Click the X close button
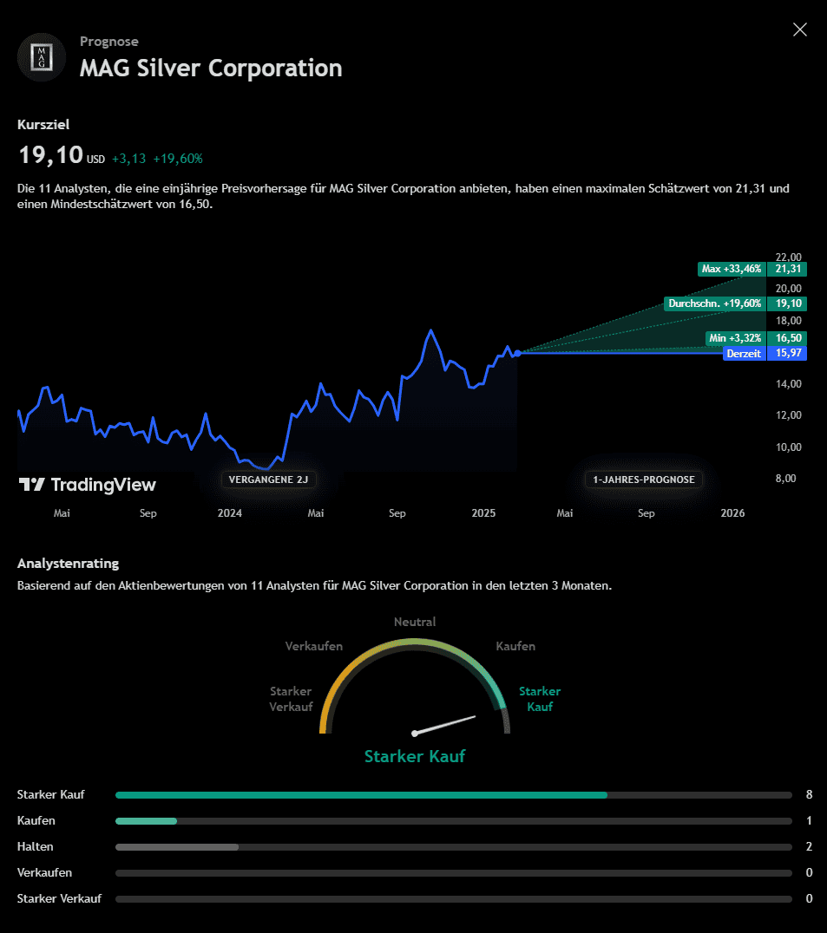tap(800, 29)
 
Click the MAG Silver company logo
tap(42, 57)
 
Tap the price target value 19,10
tap(51, 156)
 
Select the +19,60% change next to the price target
tap(178, 159)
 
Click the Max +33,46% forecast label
tap(731, 269)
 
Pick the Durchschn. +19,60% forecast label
tap(714, 303)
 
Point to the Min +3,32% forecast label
tap(734, 337)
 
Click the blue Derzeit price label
tap(744, 354)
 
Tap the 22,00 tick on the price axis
tap(789, 257)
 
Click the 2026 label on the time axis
tap(732, 513)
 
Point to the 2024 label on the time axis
tap(230, 513)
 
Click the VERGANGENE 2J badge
tap(268, 480)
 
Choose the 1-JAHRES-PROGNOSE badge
tap(643, 480)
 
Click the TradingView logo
tap(88, 485)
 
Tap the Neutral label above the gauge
tap(415, 622)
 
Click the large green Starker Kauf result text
tap(415, 756)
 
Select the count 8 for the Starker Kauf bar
tap(809, 794)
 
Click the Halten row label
tap(36, 846)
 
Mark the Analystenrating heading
tap(68, 564)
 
